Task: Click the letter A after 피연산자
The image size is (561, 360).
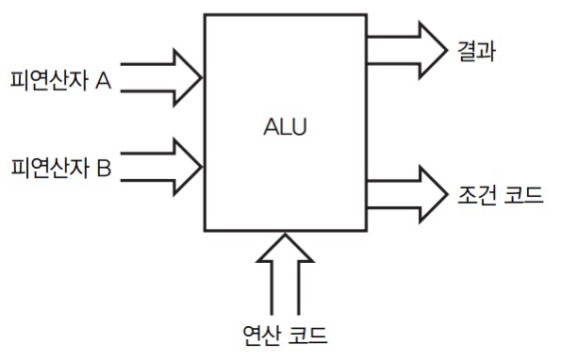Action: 104,80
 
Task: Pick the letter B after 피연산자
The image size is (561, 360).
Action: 104,170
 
